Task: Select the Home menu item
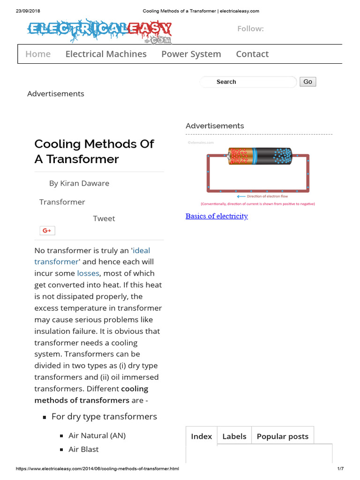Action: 38,54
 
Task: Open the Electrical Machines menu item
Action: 106,54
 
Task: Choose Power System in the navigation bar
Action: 191,54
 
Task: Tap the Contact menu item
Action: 252,54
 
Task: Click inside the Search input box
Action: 248,82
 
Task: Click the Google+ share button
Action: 47,230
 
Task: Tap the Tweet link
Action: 104,218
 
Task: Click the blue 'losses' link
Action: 88,273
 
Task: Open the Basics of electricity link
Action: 217,216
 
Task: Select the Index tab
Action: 202,436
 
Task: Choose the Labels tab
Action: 234,436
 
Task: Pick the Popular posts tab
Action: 283,436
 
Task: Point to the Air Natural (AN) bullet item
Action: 97,435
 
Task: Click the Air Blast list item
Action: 83,449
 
